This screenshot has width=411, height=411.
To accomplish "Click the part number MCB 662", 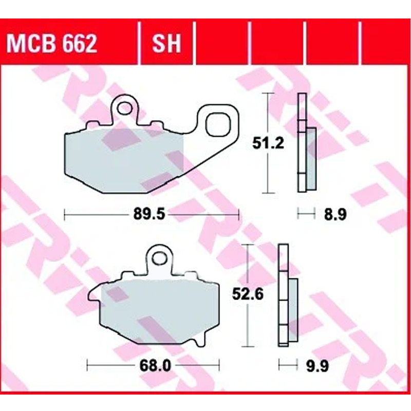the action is [x=52, y=44].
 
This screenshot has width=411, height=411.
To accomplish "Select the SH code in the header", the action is [x=166, y=44].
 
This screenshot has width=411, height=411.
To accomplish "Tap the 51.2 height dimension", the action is [x=268, y=143].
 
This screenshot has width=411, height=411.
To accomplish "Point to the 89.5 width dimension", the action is [x=150, y=214].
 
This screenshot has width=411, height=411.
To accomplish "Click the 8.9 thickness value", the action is [x=335, y=214].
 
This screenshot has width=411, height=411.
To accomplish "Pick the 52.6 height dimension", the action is [x=248, y=294].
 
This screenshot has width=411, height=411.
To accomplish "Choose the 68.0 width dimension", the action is [x=155, y=365].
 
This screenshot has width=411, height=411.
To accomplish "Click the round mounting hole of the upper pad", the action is [x=125, y=108].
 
